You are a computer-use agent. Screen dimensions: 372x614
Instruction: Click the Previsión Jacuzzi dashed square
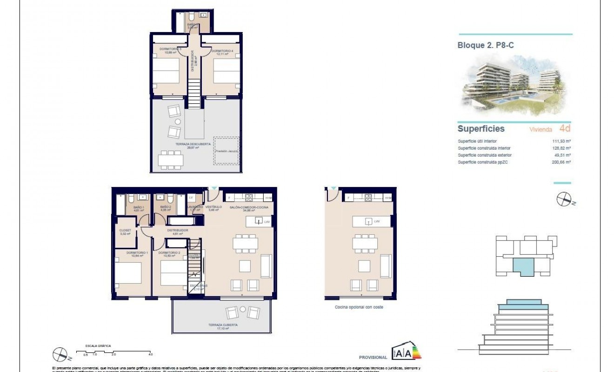click(x=227, y=151)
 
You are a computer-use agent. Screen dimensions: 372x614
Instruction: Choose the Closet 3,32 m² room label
click(x=126, y=232)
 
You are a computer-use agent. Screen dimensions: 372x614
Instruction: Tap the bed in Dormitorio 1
click(x=127, y=274)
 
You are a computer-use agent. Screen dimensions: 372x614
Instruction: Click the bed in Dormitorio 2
click(x=173, y=274)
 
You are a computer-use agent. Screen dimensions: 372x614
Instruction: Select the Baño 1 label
click(x=139, y=208)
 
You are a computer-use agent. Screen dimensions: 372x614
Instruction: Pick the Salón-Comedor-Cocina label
click(x=246, y=208)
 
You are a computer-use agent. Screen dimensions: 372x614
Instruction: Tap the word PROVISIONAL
click(x=373, y=358)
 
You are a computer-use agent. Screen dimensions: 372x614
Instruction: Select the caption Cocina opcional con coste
click(x=359, y=307)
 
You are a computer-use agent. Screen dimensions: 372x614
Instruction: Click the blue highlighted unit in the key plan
click(x=522, y=268)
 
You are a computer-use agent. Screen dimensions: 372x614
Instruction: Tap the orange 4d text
click(x=564, y=129)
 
